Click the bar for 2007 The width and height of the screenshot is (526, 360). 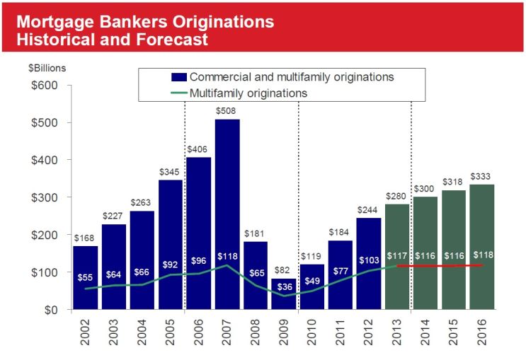click(227, 212)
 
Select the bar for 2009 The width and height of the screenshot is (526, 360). click(284, 294)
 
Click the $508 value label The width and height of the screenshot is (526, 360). click(227, 112)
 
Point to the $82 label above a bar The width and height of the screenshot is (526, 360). click(284, 271)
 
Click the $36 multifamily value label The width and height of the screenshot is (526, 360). click(284, 288)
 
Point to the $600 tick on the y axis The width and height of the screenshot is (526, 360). click(44, 86)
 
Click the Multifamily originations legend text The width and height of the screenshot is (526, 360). click(248, 93)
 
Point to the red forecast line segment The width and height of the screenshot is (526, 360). click(439, 266)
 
